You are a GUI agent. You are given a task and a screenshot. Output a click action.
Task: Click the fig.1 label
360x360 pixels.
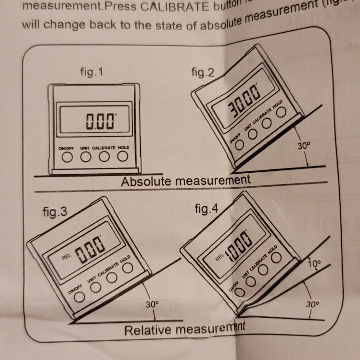pyautogui.click(x=91, y=73)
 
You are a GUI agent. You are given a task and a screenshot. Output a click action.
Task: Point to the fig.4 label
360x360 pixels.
pyautogui.click(x=206, y=209)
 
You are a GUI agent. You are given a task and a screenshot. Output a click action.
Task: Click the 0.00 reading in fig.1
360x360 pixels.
pyautogui.click(x=101, y=121)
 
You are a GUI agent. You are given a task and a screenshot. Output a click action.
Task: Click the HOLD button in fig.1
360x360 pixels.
pyautogui.click(x=123, y=156)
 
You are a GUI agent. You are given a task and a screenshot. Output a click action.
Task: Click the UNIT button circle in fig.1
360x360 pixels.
pyautogui.click(x=85, y=156)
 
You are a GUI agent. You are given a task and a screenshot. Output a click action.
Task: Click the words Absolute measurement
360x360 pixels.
pyautogui.click(x=185, y=181)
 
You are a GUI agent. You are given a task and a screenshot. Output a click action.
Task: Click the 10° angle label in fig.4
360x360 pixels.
pyautogui.click(x=313, y=263)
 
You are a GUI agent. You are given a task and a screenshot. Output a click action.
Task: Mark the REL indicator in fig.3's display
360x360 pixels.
pyautogui.click(x=66, y=257)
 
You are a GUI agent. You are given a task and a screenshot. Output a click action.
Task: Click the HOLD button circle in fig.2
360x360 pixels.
pyautogui.click(x=281, y=112)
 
